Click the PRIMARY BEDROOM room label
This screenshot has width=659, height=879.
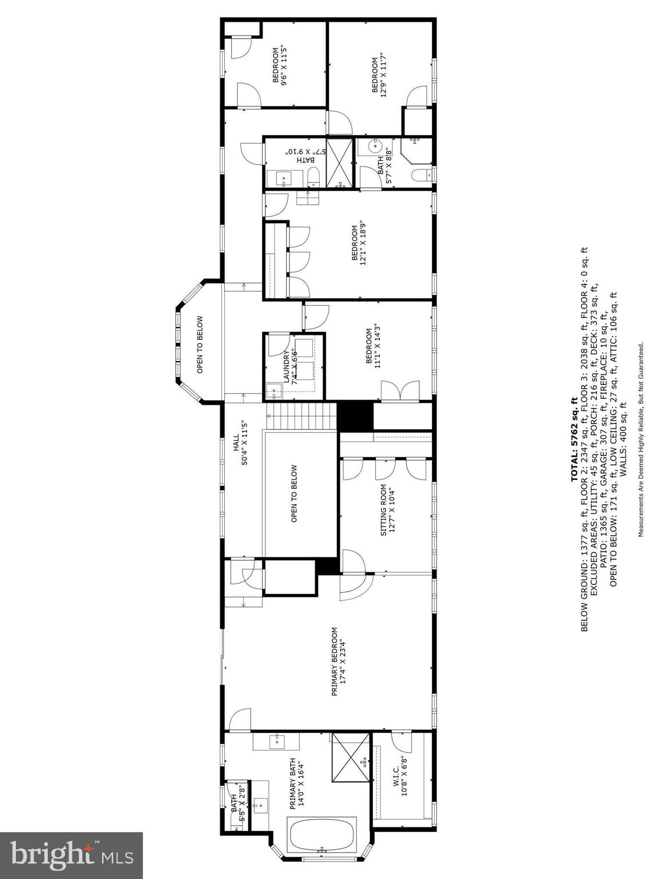pyautogui.click(x=338, y=662)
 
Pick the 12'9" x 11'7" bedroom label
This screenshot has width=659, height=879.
pyautogui.click(x=380, y=74)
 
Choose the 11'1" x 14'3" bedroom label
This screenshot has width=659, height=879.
pyautogui.click(x=373, y=345)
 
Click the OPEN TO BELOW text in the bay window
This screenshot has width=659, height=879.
pyautogui.click(x=200, y=345)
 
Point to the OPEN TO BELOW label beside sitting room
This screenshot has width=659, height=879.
pyautogui.click(x=294, y=494)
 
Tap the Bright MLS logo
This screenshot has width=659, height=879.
pyautogui.click(x=72, y=856)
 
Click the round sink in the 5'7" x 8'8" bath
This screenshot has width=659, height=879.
pyautogui.click(x=376, y=146)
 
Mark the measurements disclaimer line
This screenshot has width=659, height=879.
pyautogui.click(x=641, y=439)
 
